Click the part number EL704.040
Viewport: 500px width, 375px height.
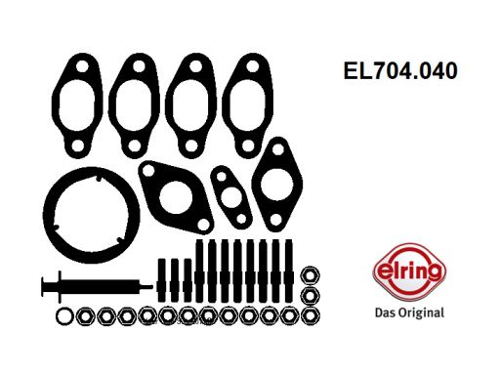coord(398,71)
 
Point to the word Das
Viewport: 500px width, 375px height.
coord(386,312)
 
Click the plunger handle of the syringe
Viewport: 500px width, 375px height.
coord(43,285)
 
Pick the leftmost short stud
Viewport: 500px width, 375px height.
coord(162,274)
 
